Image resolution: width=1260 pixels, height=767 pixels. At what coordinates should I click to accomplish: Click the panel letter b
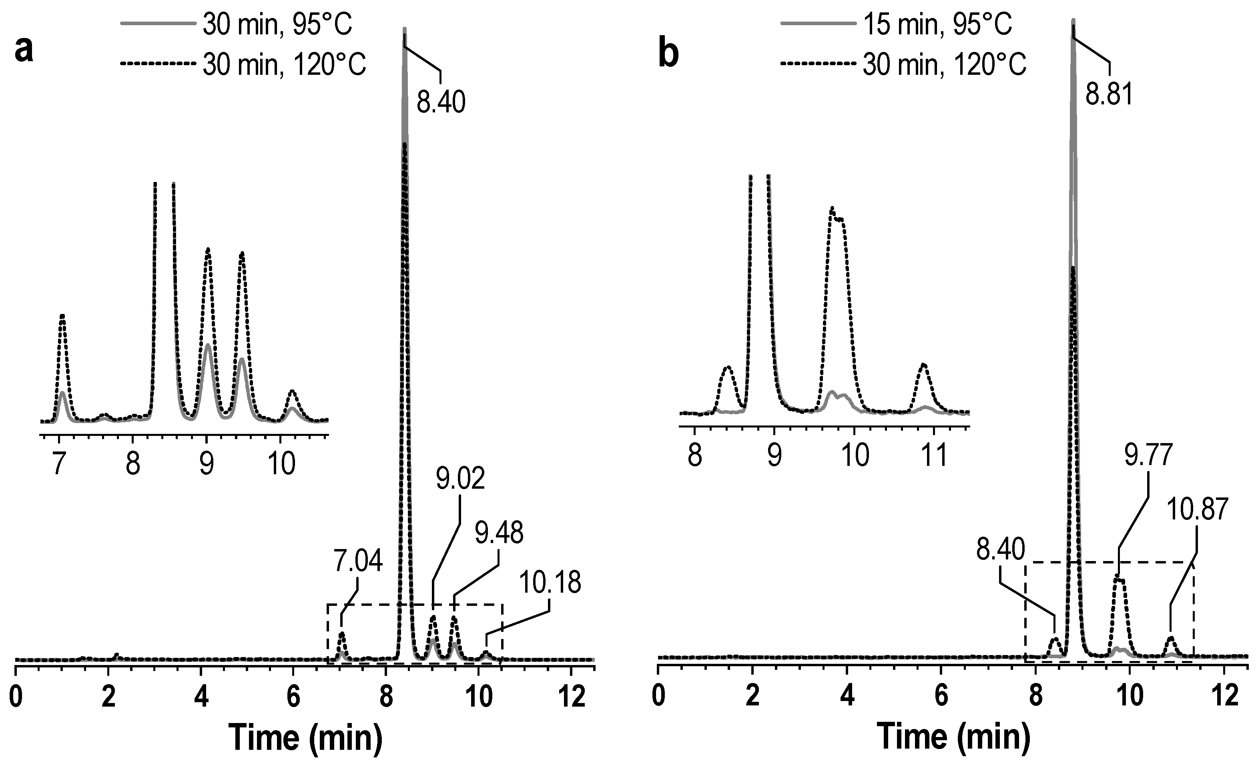point(668,55)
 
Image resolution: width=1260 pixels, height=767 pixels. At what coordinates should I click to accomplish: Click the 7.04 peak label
point(358,561)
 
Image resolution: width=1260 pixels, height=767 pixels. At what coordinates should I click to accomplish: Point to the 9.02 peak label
point(460,479)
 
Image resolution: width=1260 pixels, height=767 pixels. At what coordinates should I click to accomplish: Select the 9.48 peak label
point(499,533)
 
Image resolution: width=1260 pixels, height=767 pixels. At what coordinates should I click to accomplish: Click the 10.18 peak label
point(550,583)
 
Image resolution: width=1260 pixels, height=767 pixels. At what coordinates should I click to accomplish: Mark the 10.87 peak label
point(1197,510)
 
